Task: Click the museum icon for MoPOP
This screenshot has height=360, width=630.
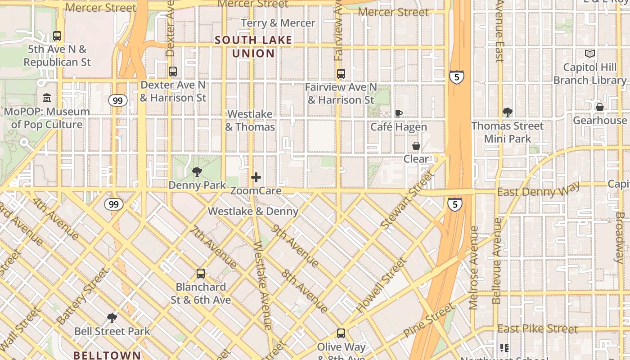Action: (x=47, y=98)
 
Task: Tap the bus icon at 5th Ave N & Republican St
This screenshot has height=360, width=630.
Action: (x=57, y=36)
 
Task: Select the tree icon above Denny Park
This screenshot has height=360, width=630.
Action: (x=197, y=171)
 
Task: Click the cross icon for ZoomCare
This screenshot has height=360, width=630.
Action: (x=256, y=177)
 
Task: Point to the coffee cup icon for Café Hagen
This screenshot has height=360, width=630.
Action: (x=398, y=113)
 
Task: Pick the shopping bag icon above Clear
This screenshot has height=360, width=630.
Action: (x=416, y=146)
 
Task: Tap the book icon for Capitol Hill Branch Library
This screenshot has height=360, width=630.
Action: (x=589, y=54)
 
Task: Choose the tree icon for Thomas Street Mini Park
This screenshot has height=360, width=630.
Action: (x=507, y=112)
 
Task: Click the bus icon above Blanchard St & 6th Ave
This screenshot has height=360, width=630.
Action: (x=201, y=273)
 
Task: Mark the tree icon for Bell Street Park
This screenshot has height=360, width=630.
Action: (x=112, y=318)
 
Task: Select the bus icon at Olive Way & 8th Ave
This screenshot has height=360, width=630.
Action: (x=341, y=333)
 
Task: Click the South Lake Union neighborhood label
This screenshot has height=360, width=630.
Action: (x=253, y=47)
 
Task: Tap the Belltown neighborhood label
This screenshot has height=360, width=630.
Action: (x=107, y=355)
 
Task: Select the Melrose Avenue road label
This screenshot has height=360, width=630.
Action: (x=473, y=268)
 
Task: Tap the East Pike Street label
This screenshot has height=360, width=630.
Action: (x=537, y=329)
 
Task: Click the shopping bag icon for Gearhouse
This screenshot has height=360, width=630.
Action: (x=599, y=107)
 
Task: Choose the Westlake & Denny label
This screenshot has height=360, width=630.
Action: (x=253, y=211)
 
